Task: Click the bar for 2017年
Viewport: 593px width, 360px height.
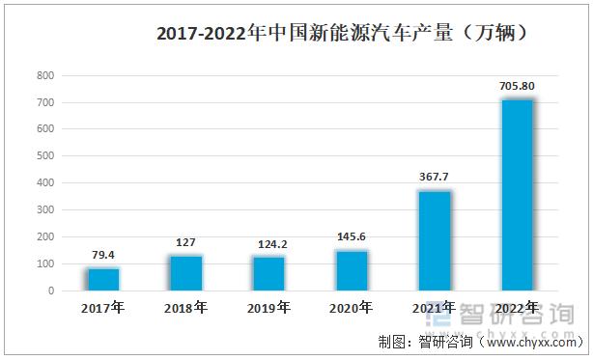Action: [103, 279]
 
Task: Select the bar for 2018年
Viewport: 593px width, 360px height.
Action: [186, 273]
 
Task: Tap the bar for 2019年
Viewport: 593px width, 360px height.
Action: [269, 273]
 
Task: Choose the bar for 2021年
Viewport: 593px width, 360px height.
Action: [435, 240]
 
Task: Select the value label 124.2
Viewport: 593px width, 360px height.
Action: [269, 245]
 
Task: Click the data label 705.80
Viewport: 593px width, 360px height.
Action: [518, 87]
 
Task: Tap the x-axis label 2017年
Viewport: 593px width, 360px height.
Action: [103, 308]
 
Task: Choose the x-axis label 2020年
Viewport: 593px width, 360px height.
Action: [352, 308]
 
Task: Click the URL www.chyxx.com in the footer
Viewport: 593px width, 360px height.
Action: [531, 342]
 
